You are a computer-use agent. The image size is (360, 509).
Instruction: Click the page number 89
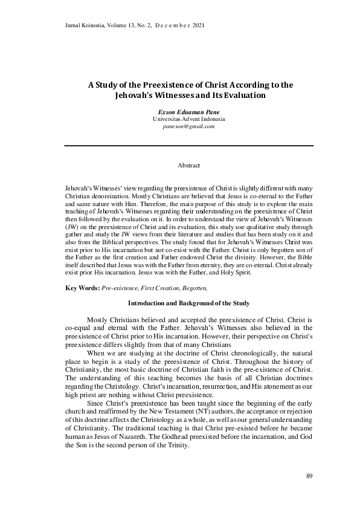tap(309, 476)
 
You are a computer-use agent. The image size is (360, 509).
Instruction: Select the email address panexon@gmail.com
tap(188, 128)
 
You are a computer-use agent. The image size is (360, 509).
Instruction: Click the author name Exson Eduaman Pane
tap(188, 112)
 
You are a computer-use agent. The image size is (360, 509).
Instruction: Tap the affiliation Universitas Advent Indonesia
tap(188, 120)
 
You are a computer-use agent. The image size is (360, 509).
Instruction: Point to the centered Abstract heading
tap(188, 164)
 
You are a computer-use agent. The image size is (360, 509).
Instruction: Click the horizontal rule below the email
tap(188, 146)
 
